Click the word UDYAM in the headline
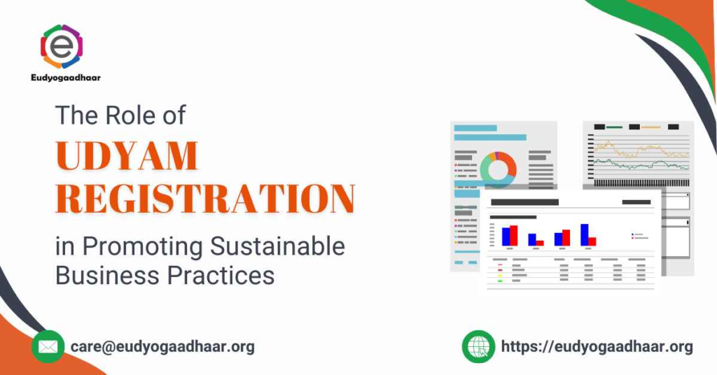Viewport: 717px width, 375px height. (x=127, y=157)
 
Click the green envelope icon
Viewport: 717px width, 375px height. (x=48, y=346)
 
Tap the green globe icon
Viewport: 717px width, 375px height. (x=479, y=346)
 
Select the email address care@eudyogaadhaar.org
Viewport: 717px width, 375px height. (x=162, y=346)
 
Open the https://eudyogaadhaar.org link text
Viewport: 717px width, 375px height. (x=597, y=346)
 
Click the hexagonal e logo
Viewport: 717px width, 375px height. (x=62, y=46)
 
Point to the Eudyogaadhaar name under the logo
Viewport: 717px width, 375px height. (x=67, y=78)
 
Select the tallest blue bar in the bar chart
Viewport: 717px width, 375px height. (x=585, y=234)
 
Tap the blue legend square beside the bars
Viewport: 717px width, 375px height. (x=632, y=234)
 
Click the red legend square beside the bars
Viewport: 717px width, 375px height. (x=632, y=238)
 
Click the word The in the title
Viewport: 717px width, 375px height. (x=74, y=115)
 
